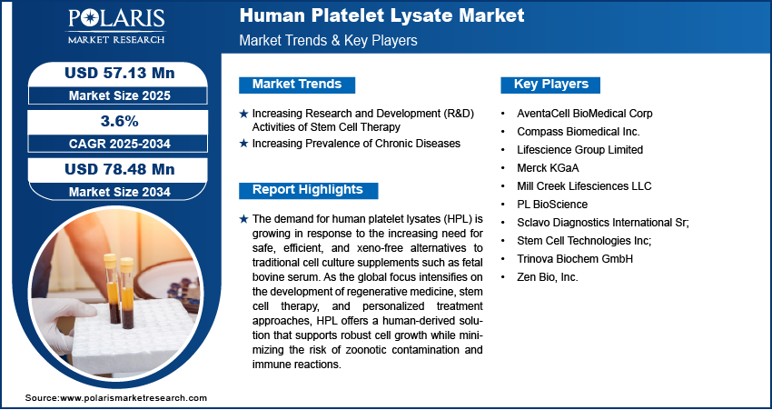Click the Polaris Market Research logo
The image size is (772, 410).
pyautogui.click(x=116, y=26)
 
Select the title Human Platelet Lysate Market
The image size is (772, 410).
pyautogui.click(x=381, y=15)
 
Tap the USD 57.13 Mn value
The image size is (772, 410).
pyautogui.click(x=120, y=74)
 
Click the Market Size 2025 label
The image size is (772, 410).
pyautogui.click(x=120, y=95)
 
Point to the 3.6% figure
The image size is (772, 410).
pyautogui.click(x=120, y=121)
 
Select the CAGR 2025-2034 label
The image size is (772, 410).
pyautogui.click(x=120, y=144)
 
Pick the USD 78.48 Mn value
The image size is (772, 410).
pyautogui.click(x=120, y=169)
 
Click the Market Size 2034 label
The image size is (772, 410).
pyautogui.click(x=120, y=192)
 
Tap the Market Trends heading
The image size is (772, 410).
pyautogui.click(x=297, y=85)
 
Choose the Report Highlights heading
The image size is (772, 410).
pyautogui.click(x=308, y=190)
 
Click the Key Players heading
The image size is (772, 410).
pyautogui.click(x=551, y=85)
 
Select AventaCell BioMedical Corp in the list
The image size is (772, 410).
pyautogui.click(x=584, y=114)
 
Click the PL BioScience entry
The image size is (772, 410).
pyautogui.click(x=552, y=204)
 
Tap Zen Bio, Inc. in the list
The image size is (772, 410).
pyautogui.click(x=548, y=277)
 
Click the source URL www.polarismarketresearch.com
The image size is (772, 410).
pyautogui.click(x=134, y=397)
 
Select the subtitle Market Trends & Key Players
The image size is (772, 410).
pyautogui.click(x=328, y=40)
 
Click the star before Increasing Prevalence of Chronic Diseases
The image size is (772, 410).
pyautogui.click(x=243, y=144)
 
